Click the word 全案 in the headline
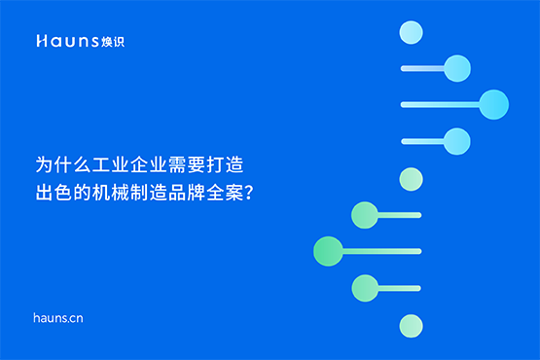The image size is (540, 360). pyautogui.click(x=224, y=191)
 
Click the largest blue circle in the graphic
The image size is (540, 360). pyautogui.click(x=494, y=104)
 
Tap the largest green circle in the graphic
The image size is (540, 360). pyautogui.click(x=328, y=251)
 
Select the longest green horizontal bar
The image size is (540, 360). pyautogui.click(x=375, y=251)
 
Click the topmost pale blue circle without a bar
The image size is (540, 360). pyautogui.click(x=411, y=32)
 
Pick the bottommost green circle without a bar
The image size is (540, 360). pyautogui.click(x=411, y=324)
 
